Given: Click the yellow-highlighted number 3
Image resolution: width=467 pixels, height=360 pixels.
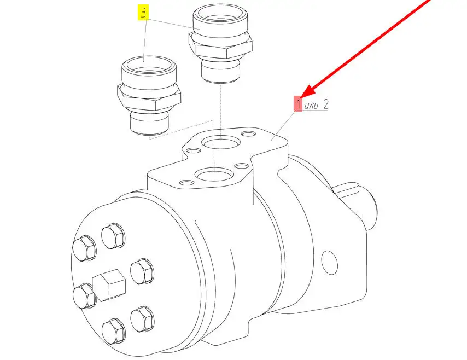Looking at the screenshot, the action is click(x=143, y=13).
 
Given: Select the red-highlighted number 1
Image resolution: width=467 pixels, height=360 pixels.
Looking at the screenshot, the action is click(x=298, y=104).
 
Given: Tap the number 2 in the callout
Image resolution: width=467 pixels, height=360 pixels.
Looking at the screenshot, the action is click(x=325, y=104).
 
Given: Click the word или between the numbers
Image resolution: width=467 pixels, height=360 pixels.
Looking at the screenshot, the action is click(x=312, y=105).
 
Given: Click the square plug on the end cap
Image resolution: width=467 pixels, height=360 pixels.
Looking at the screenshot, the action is click(x=109, y=285).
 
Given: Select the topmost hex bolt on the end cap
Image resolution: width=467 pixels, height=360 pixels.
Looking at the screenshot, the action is click(x=113, y=235).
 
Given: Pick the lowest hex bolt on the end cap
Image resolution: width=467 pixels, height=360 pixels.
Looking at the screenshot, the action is click(x=114, y=332).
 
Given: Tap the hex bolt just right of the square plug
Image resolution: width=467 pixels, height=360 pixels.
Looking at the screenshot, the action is click(x=142, y=271).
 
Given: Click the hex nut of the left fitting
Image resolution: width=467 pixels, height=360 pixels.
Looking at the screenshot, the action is click(x=149, y=96).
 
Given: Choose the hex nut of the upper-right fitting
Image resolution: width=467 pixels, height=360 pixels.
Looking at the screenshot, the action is click(x=221, y=45).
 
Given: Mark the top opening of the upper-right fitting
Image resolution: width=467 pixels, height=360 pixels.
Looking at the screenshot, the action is click(x=220, y=15).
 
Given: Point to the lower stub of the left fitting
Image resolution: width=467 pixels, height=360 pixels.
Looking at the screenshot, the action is click(x=149, y=124).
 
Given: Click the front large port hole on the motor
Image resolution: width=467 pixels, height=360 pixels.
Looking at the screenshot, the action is click(x=214, y=174).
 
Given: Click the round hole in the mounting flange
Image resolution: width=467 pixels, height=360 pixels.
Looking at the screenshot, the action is click(x=329, y=263).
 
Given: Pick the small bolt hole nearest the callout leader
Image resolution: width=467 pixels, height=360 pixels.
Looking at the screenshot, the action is click(x=248, y=134).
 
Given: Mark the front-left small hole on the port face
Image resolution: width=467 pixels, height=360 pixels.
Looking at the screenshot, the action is click(x=187, y=182).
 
